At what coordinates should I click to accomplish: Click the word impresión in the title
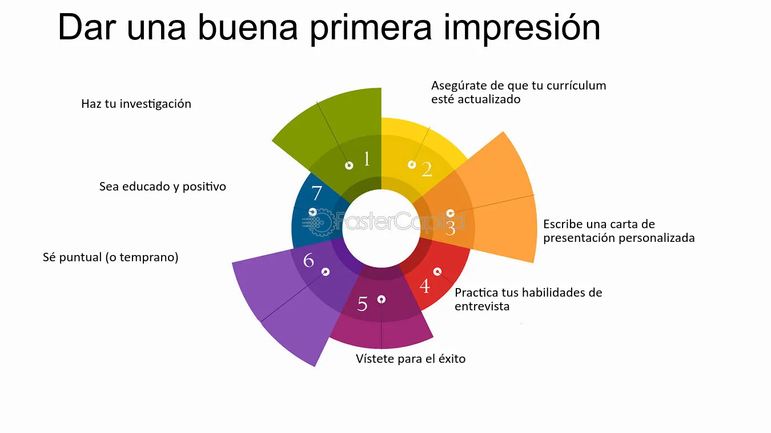[x=522, y=28]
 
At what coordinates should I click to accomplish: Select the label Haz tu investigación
[x=136, y=104]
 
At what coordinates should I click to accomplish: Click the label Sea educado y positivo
[x=163, y=187]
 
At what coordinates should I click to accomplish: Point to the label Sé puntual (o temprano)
[x=110, y=257]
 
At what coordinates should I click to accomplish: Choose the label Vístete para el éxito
[x=411, y=359]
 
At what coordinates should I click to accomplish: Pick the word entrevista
[x=482, y=306]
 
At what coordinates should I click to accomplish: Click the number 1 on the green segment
[x=367, y=159]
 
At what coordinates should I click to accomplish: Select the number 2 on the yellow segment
[x=427, y=169]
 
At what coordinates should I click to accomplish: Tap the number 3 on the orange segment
[x=450, y=228]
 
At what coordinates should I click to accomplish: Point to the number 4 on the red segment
[x=425, y=286]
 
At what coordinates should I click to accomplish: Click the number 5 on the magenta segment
[x=362, y=303]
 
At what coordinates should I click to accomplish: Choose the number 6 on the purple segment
[x=308, y=260]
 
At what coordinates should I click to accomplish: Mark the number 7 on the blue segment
[x=316, y=193]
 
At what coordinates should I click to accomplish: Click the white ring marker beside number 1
[x=349, y=165]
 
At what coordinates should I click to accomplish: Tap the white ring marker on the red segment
[x=437, y=272]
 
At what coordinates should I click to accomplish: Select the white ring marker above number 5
[x=382, y=299]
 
